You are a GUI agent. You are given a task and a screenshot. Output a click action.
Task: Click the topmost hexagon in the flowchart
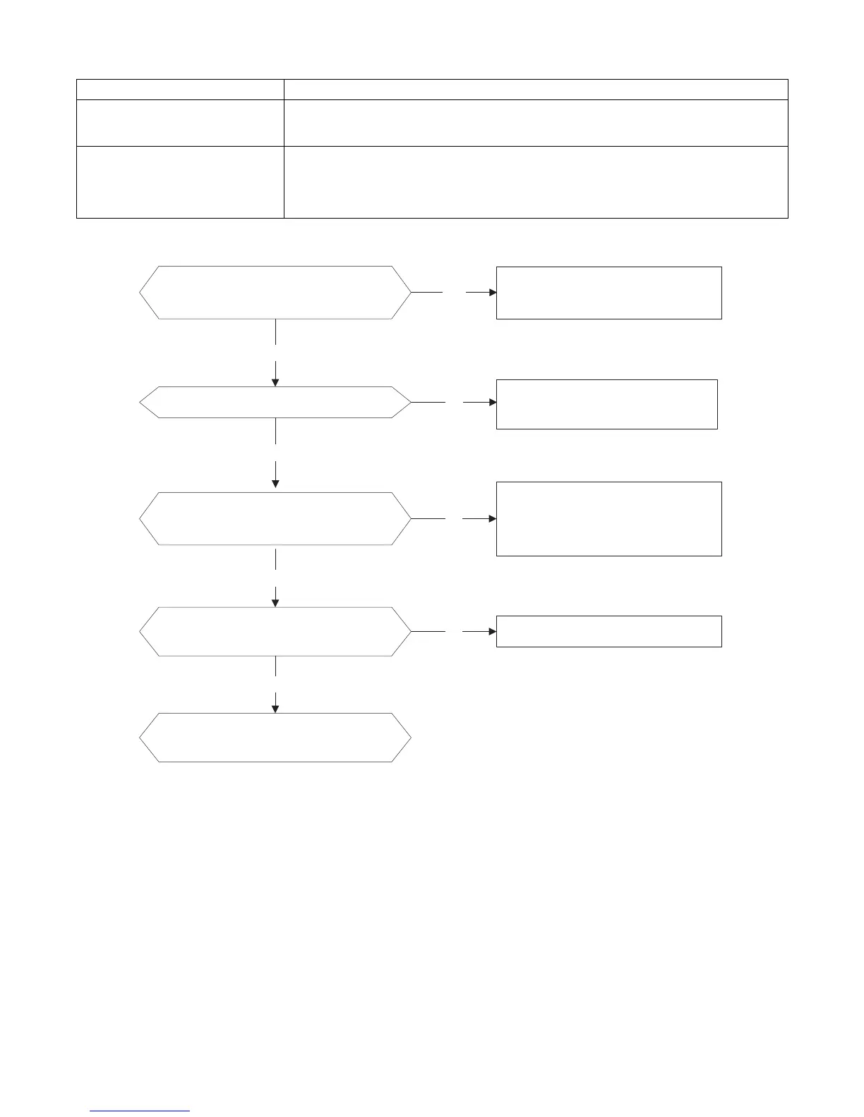click(275, 293)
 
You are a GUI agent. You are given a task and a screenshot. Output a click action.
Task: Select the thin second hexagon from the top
click(275, 402)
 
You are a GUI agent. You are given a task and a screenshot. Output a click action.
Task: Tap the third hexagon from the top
click(275, 518)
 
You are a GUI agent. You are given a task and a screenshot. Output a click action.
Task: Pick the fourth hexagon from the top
click(275, 631)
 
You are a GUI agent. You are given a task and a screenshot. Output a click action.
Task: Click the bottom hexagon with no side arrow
click(275, 737)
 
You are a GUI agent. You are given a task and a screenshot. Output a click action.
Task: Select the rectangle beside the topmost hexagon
click(608, 293)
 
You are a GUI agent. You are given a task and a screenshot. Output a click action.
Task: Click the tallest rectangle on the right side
click(608, 518)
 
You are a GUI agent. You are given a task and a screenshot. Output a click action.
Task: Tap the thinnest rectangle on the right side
click(608, 631)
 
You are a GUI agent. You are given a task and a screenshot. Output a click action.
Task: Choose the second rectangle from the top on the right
click(606, 403)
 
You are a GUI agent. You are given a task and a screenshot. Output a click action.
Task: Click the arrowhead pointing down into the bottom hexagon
click(275, 708)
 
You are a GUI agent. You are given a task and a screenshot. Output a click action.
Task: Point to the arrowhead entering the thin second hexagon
click(275, 382)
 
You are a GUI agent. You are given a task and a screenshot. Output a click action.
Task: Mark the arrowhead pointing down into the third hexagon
click(275, 483)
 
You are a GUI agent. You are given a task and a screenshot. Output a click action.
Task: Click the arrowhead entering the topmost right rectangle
click(493, 292)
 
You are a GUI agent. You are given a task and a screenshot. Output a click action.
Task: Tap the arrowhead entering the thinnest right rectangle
click(493, 631)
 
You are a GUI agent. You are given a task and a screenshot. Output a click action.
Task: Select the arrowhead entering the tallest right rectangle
click(493, 518)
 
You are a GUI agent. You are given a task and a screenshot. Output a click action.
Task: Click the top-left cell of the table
click(180, 90)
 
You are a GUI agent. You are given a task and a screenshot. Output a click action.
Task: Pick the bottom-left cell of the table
click(180, 182)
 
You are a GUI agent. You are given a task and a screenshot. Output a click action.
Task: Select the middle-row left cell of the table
click(180, 123)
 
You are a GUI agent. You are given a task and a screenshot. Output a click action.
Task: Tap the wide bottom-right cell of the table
click(536, 182)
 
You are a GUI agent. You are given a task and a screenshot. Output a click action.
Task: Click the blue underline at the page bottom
click(140, 1111)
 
